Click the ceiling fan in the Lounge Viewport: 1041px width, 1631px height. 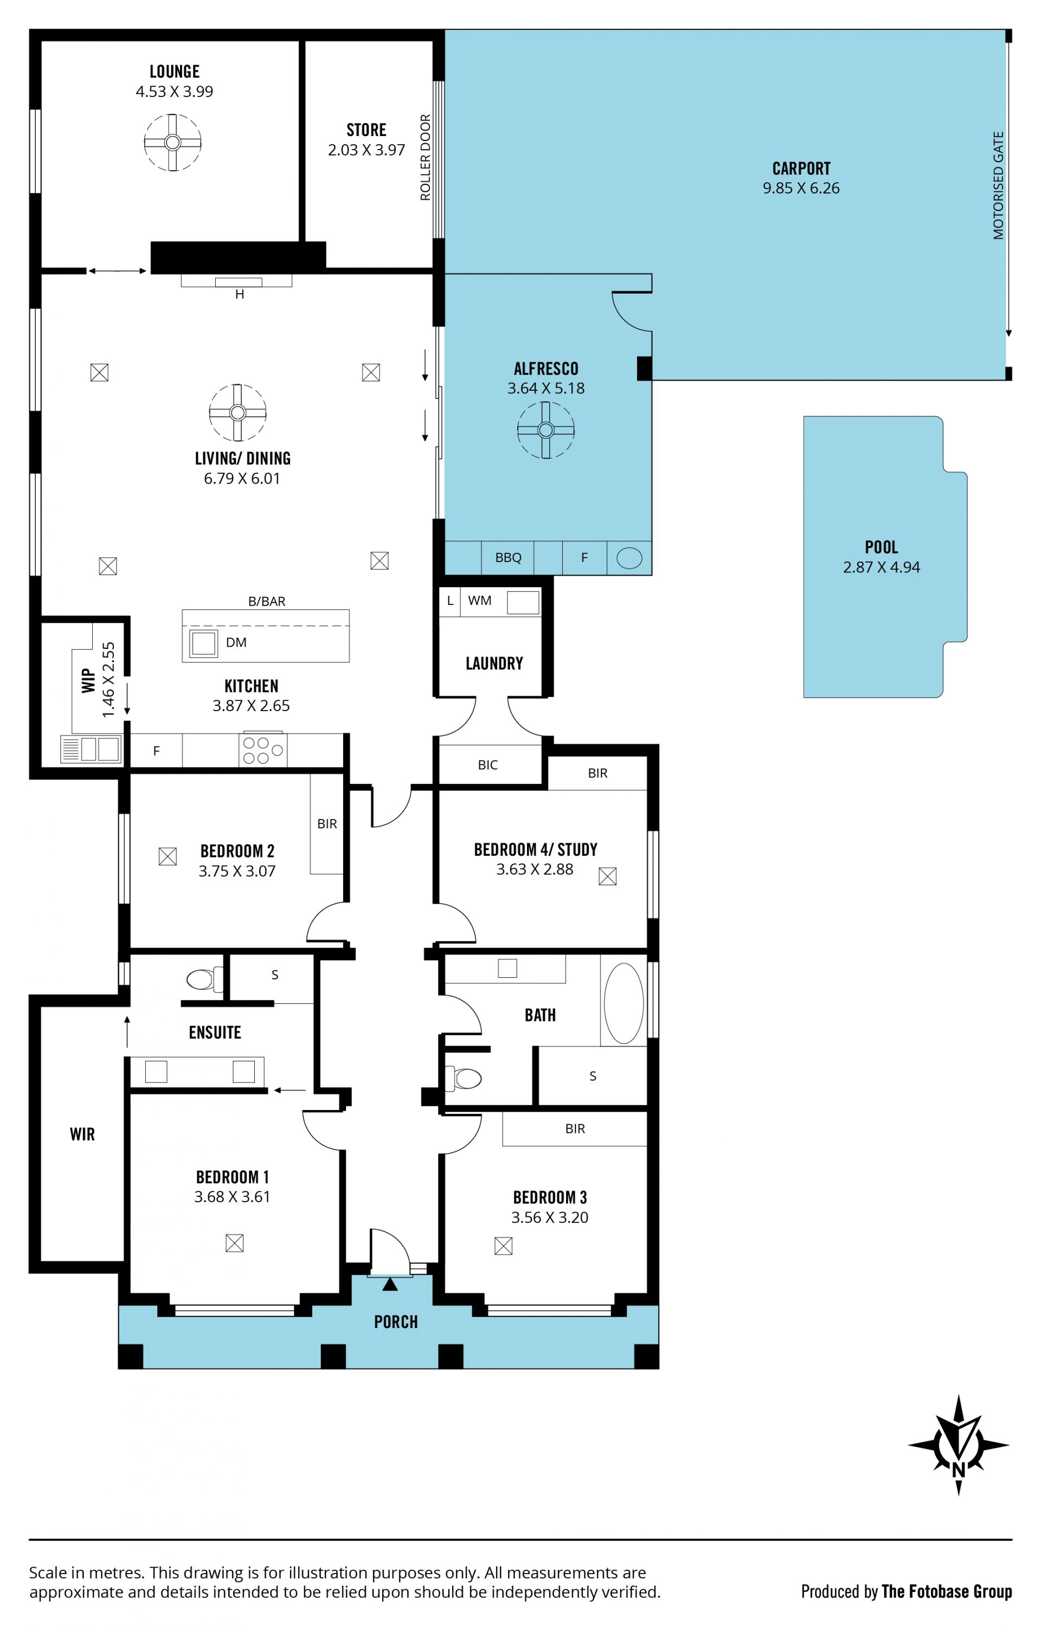pyautogui.click(x=173, y=142)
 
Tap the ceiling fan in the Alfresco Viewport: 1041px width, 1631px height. pyautogui.click(x=546, y=430)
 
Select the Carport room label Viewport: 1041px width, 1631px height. pyautogui.click(x=801, y=168)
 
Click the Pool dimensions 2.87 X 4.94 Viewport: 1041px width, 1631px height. pyautogui.click(x=881, y=567)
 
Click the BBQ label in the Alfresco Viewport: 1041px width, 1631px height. pyautogui.click(x=508, y=557)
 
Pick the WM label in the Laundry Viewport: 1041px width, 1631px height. pyautogui.click(x=479, y=600)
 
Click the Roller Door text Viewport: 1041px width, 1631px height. pyautogui.click(x=425, y=157)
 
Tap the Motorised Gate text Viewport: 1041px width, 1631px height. pyautogui.click(x=998, y=185)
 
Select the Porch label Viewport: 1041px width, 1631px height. pyautogui.click(x=396, y=1321)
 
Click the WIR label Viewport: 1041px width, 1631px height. pyautogui.click(x=82, y=1134)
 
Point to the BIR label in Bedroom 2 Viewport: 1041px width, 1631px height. pyautogui.click(x=326, y=823)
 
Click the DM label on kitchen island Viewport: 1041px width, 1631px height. pyautogui.click(x=236, y=642)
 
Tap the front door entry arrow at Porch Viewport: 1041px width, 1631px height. pyautogui.click(x=390, y=1284)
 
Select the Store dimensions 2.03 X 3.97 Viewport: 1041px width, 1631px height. pyautogui.click(x=367, y=150)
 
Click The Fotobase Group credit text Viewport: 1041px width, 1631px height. pyautogui.click(x=946, y=1591)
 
